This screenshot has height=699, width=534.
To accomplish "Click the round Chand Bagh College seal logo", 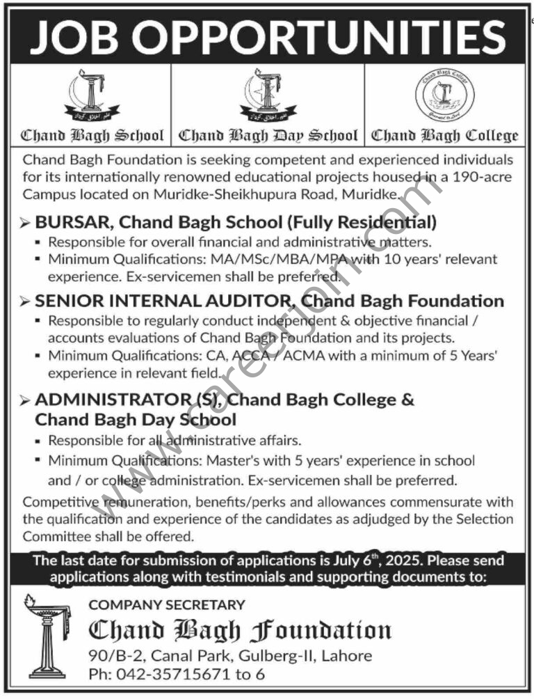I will click(444, 97).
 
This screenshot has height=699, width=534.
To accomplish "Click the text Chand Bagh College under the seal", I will click(445, 135).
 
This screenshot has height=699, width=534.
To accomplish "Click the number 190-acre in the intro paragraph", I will click(480, 177).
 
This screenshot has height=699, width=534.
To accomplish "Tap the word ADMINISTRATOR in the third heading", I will click(106, 400).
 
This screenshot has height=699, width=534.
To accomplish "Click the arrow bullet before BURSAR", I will click(26, 223).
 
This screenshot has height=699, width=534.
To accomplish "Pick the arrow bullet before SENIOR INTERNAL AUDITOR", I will click(26, 301).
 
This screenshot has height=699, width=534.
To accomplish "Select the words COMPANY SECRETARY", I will click(167, 605).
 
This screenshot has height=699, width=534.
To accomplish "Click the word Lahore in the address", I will click(346, 655).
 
